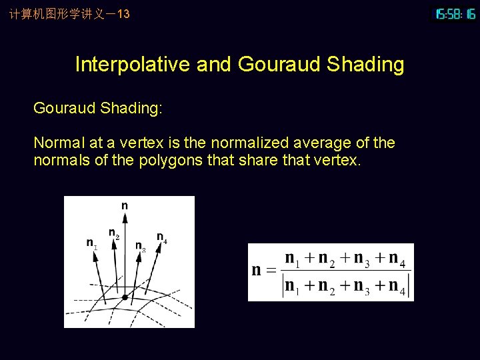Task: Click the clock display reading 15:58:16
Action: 455,14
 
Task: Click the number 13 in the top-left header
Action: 123,13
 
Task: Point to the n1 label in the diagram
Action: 91,244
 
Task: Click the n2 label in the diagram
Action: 114,233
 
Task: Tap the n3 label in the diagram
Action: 140,247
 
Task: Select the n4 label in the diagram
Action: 161,237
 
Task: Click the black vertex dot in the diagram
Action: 125,297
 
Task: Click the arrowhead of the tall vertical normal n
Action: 125,217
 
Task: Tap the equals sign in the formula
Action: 270,271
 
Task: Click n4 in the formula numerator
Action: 396,259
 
